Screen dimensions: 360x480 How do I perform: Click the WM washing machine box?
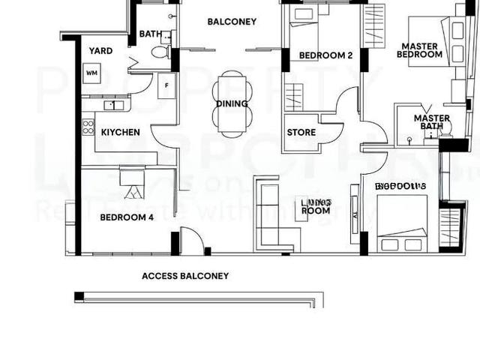[x=92, y=73]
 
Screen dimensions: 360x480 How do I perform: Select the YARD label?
[x=100, y=51]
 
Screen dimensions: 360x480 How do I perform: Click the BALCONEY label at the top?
[x=232, y=22]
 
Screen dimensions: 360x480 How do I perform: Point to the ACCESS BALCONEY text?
[x=185, y=276]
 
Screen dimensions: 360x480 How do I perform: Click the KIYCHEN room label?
[x=121, y=133]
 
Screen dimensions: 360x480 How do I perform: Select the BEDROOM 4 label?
[x=127, y=218]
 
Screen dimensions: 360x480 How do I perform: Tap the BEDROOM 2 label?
[x=325, y=55]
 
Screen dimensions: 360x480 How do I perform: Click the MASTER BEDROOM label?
[x=419, y=50]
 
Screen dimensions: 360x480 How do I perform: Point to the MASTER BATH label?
[x=431, y=122]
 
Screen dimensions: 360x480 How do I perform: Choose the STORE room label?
[x=301, y=133]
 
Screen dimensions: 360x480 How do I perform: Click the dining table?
[x=232, y=103]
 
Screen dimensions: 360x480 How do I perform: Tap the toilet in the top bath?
[x=159, y=52]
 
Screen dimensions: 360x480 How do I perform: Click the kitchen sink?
[x=112, y=105]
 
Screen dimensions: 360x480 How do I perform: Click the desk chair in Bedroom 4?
[x=134, y=190]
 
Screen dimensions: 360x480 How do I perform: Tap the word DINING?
[x=232, y=103]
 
